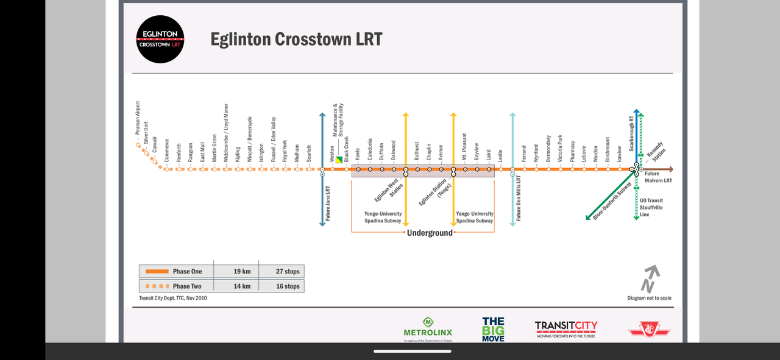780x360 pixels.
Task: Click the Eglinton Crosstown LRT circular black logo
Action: tap(160, 40)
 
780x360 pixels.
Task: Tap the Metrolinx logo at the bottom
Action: tap(428, 329)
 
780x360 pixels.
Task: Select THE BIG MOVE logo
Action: tap(493, 329)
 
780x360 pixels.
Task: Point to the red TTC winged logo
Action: tap(649, 330)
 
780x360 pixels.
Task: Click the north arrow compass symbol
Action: tap(650, 278)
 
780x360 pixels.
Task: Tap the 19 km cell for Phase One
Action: tap(242, 272)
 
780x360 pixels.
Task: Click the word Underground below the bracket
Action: tap(430, 233)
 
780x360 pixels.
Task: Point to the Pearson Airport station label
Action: tap(138, 118)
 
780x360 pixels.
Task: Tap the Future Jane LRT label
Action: tap(328, 203)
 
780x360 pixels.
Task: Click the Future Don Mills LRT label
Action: tap(519, 199)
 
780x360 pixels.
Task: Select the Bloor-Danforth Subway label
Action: tap(612, 201)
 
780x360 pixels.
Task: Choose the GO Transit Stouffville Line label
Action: tap(651, 208)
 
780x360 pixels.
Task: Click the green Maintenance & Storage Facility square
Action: tap(339, 160)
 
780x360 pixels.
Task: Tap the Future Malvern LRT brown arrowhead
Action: tap(670, 169)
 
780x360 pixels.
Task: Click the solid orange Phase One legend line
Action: tap(157, 272)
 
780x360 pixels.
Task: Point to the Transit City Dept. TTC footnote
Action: tap(172, 298)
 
